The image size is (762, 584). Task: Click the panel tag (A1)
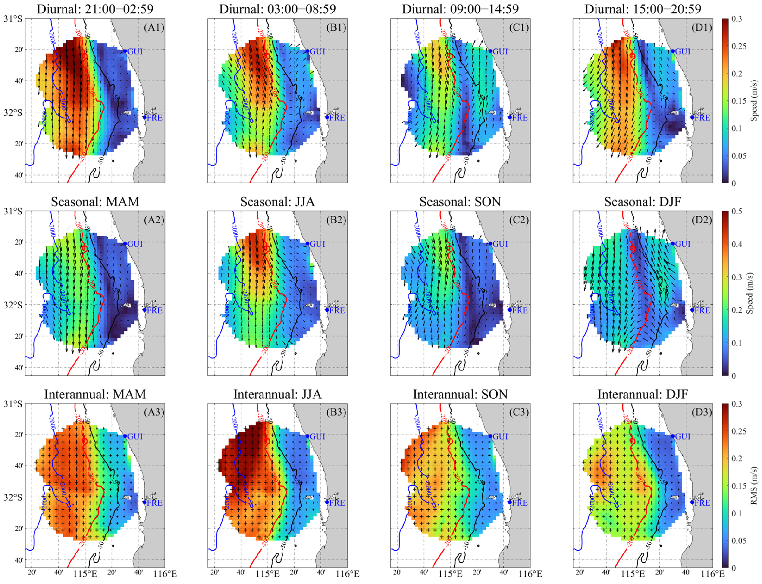(154, 27)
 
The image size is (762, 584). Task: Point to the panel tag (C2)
(519, 220)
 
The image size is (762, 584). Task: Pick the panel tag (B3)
(336, 412)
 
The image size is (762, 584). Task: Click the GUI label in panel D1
(682, 51)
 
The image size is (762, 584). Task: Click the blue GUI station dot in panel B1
(307, 51)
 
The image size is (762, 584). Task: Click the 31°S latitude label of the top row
(13, 19)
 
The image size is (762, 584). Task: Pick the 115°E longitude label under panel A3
(85, 574)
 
